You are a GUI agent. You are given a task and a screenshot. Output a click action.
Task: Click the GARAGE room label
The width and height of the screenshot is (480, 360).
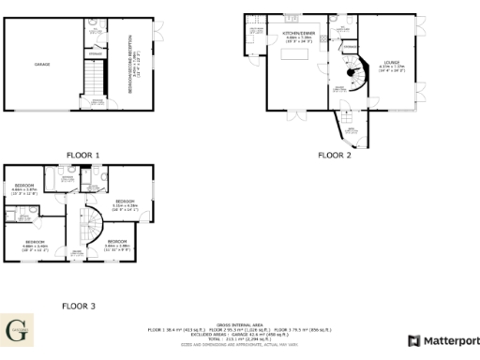click(x=43, y=65)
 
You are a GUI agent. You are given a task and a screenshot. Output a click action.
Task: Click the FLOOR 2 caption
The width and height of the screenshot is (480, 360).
click(x=334, y=156)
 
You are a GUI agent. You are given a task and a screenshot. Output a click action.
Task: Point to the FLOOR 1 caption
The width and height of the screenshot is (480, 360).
click(x=82, y=156)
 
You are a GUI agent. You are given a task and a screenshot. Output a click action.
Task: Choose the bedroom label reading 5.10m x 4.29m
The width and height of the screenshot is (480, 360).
click(x=125, y=204)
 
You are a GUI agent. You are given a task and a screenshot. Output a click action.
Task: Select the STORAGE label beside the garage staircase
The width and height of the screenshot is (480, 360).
click(x=96, y=54)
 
